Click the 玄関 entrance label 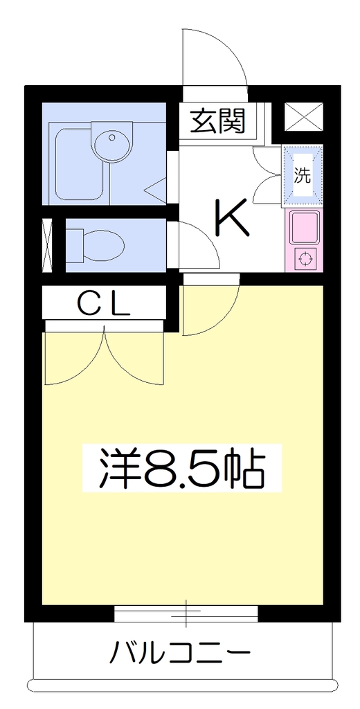click(217, 121)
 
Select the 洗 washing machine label click(303, 175)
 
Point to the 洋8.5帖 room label click(181, 467)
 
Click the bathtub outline click(82, 162)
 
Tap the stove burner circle click(306, 259)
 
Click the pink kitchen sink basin click(305, 228)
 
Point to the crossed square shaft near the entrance click(303, 116)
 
